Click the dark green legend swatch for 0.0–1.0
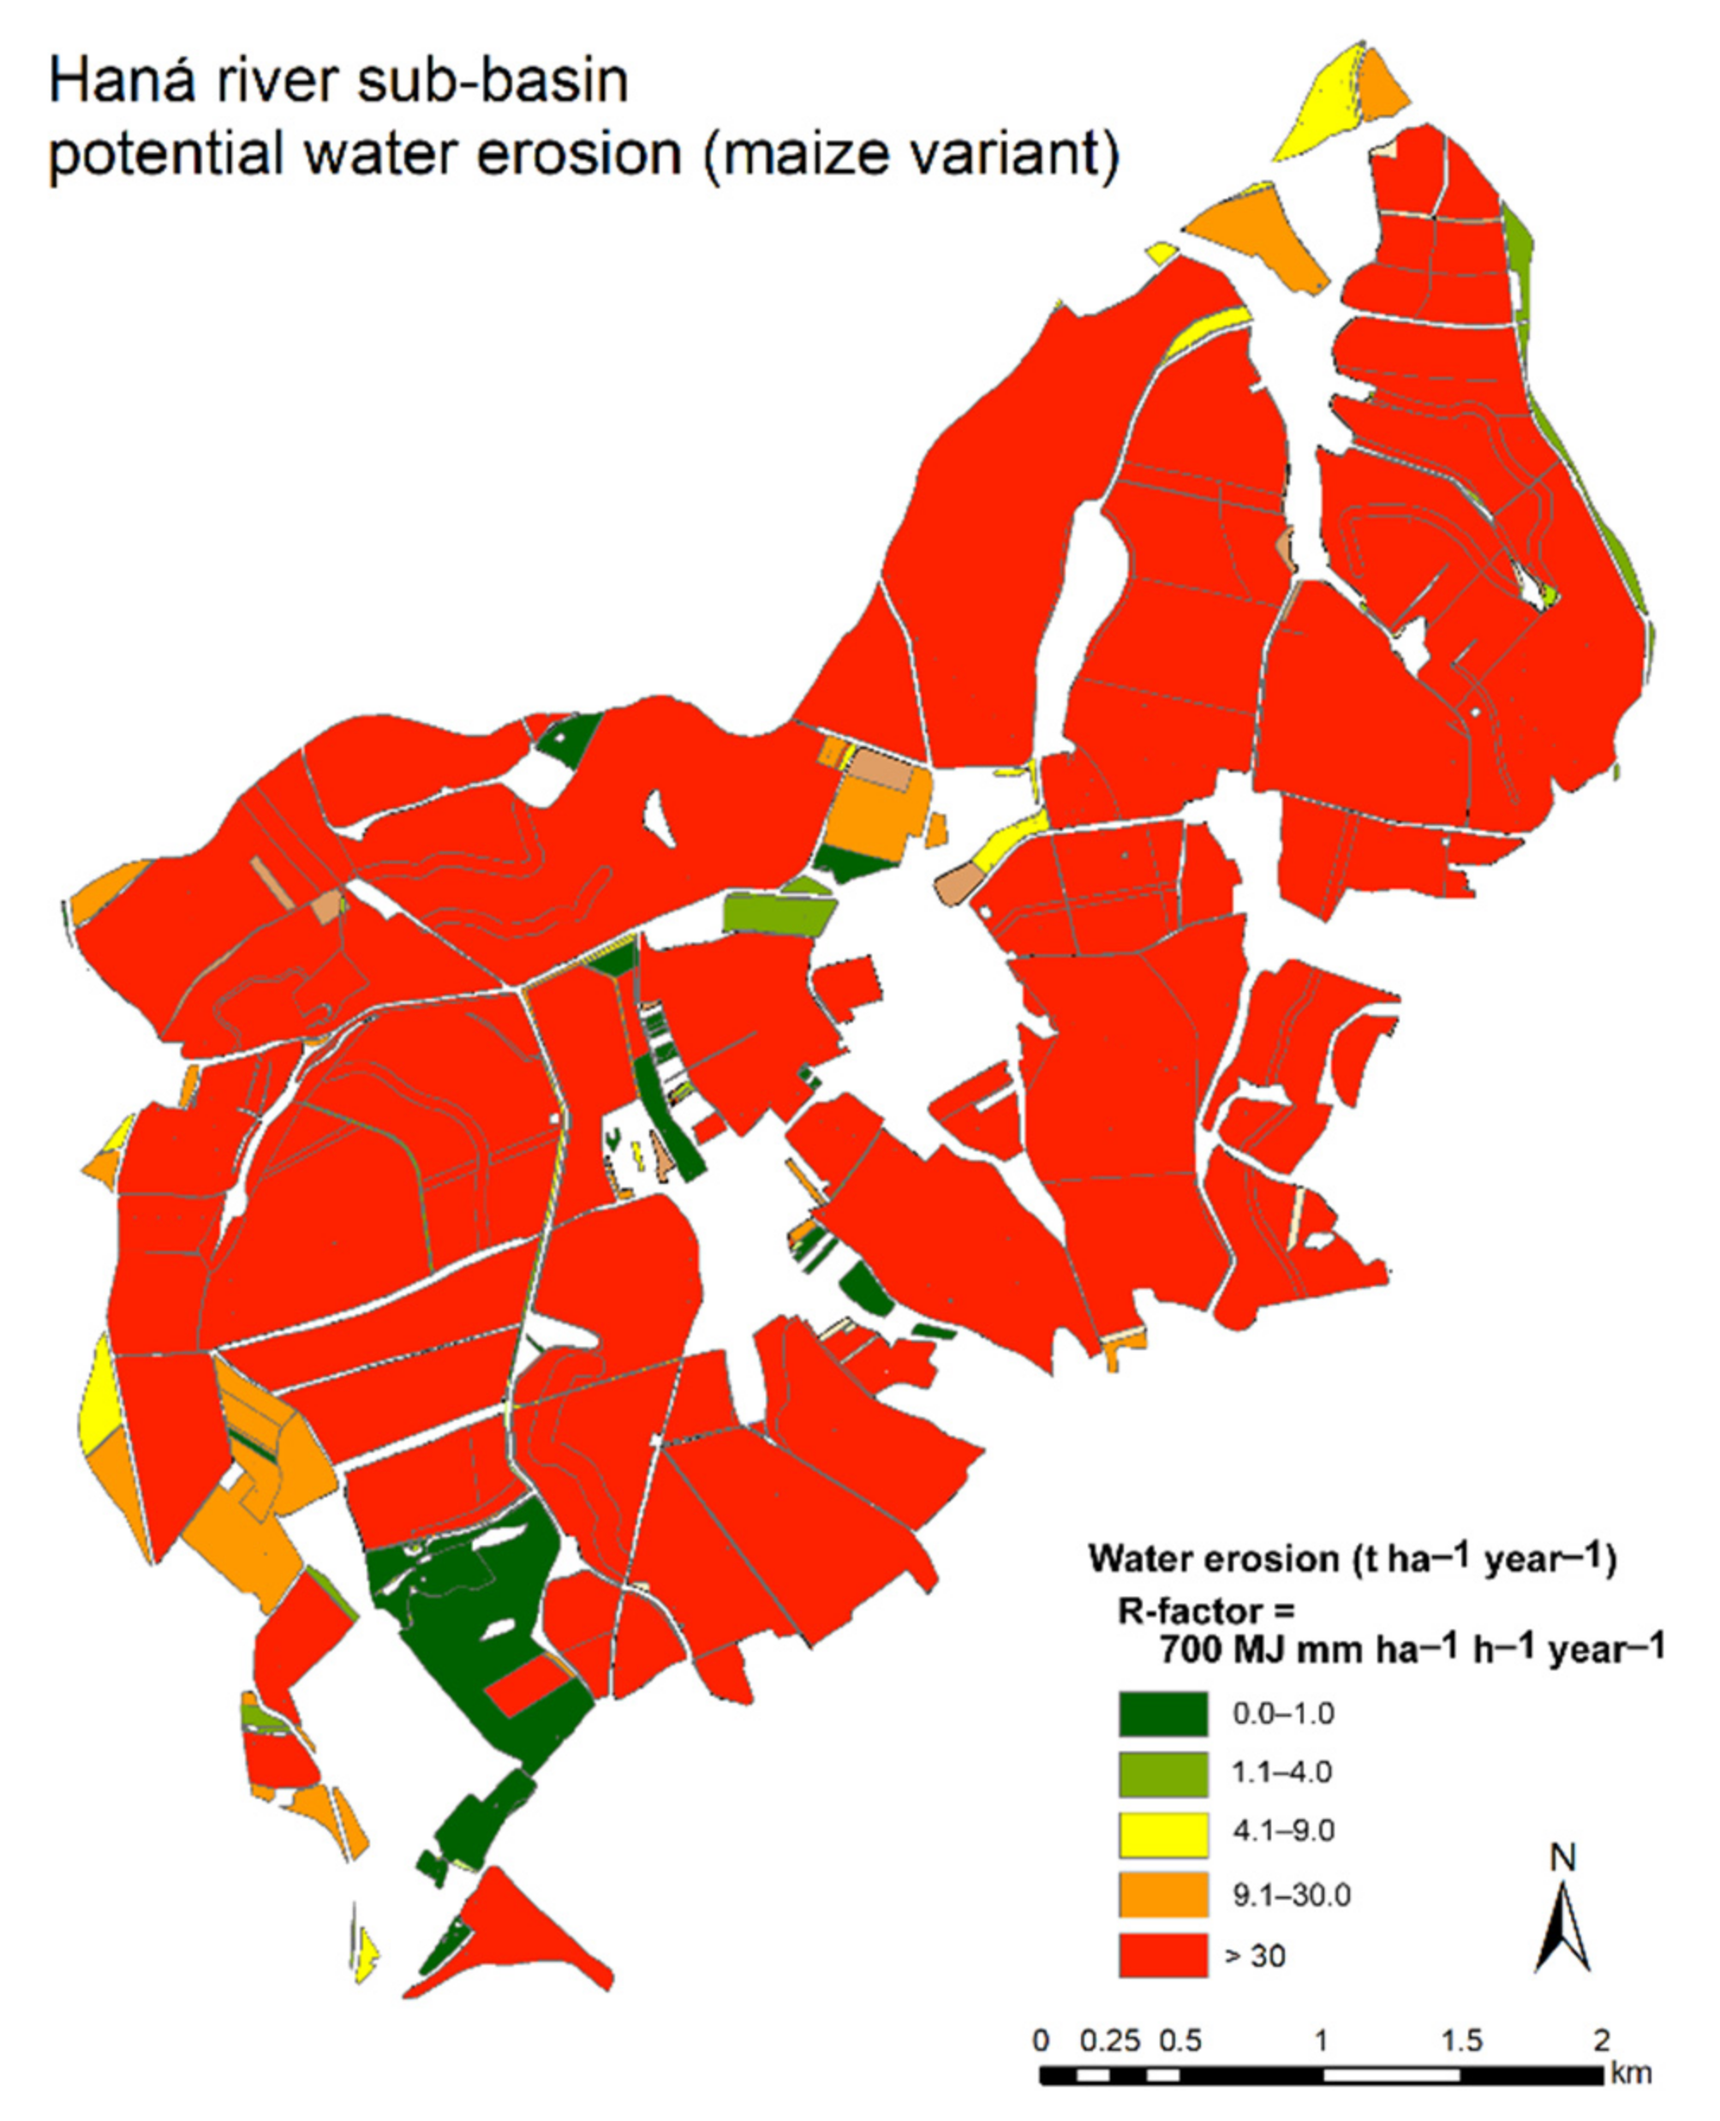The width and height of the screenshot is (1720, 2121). [1162, 1714]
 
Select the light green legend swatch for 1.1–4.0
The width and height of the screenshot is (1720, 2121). [1162, 1773]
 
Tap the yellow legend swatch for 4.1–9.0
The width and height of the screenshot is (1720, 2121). [1162, 1834]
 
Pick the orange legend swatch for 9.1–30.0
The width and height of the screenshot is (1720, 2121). [1162, 1894]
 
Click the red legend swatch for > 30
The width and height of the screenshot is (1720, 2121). [1162, 1955]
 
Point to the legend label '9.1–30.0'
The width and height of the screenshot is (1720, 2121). [1291, 1895]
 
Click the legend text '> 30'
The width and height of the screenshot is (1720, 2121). [1256, 1956]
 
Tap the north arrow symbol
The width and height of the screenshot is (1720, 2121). [1562, 1927]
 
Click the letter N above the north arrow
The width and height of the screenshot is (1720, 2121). [1562, 1857]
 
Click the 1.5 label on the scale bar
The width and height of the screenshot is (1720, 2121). [1461, 2040]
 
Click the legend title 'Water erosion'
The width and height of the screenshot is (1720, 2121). [1214, 1559]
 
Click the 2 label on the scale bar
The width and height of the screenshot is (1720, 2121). [1600, 2040]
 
